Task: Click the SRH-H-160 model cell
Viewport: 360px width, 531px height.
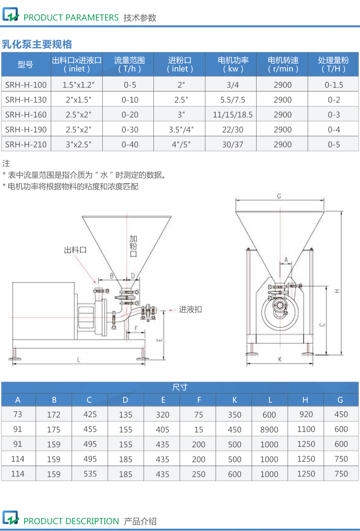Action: pos(26,114)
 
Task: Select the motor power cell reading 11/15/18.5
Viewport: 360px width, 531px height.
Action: pos(232,114)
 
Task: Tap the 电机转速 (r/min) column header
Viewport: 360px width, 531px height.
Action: pos(283,64)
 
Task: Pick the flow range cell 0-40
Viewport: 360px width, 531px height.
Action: pos(130,144)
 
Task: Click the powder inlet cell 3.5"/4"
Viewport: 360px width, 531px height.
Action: pos(181,130)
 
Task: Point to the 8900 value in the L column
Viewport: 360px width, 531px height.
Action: pos(269,429)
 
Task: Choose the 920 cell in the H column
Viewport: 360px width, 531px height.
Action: pos(306,414)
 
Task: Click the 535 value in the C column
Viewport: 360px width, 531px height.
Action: pos(90,474)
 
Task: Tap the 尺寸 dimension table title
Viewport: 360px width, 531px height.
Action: pos(180,387)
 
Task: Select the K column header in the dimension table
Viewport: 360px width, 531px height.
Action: pos(235,400)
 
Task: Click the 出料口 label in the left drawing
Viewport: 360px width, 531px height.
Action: pos(75,250)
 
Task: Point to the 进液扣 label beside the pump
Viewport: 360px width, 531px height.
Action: pos(190,309)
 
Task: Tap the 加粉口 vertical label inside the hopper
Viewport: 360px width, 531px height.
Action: pos(133,246)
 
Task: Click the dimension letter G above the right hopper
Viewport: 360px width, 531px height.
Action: pos(279,196)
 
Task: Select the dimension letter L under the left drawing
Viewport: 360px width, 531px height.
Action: pos(78,359)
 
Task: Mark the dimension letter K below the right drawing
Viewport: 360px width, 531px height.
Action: pos(280,359)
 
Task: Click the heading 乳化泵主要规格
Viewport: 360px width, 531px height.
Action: pos(37,44)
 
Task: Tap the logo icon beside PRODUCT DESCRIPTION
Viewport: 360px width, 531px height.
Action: pos(11,518)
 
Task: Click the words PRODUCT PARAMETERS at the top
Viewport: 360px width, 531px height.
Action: pos(71,17)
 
